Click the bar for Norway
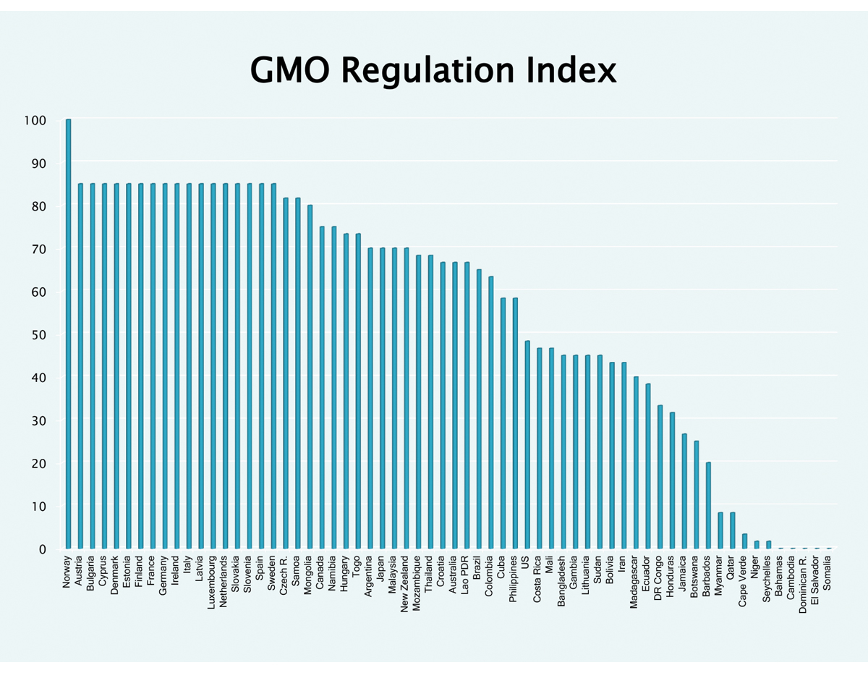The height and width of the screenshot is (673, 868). pyautogui.click(x=69, y=333)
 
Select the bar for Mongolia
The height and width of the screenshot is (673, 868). pyautogui.click(x=310, y=376)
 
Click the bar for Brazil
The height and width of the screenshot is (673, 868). pyautogui.click(x=479, y=409)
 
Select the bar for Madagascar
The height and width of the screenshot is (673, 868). pyautogui.click(x=636, y=462)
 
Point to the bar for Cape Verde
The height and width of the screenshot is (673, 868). pyautogui.click(x=745, y=541)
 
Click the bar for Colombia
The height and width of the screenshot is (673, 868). pyautogui.click(x=491, y=412)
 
